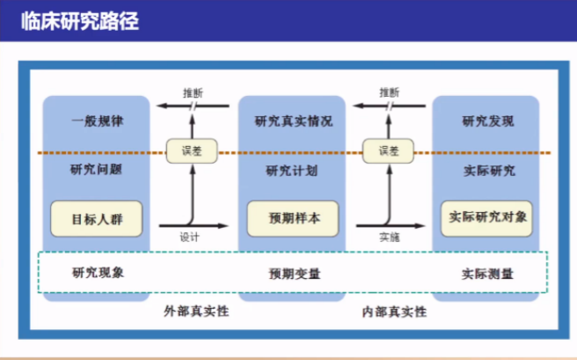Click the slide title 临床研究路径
(80, 21)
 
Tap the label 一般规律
(97, 121)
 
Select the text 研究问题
(96, 170)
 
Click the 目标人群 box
(97, 218)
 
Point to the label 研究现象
(98, 273)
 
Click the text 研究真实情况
(294, 121)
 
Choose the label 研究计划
(292, 171)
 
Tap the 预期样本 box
(293, 218)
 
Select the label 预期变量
(295, 274)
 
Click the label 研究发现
(488, 121)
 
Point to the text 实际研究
(489, 171)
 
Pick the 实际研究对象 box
(486, 218)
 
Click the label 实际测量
(487, 274)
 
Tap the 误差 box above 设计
(192, 151)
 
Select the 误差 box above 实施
(388, 151)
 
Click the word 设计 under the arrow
(189, 238)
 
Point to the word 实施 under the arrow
(390, 238)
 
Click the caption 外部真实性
(196, 312)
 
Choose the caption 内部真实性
(394, 312)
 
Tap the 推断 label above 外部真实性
(194, 93)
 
